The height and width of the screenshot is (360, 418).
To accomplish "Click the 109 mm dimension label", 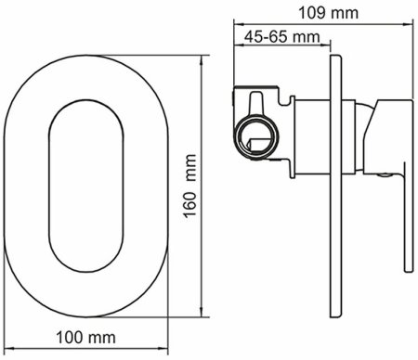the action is coord(328,13).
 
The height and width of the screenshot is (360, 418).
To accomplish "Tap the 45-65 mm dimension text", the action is coord(281,37).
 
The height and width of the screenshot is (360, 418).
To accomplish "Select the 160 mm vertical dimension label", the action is coord(189,186).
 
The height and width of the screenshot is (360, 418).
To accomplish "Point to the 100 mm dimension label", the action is coord(85,338).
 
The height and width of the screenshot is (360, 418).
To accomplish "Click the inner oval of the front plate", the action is coord(49,186).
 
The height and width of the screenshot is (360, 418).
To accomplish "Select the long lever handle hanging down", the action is coord(409,217).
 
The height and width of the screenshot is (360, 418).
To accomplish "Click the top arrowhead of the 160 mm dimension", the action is coord(202,60).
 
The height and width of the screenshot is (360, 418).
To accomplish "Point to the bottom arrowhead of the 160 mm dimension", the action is coord(202,312).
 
